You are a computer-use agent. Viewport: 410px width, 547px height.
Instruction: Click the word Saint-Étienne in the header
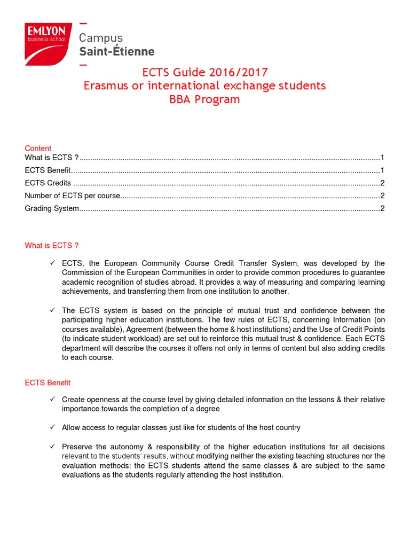click(116, 52)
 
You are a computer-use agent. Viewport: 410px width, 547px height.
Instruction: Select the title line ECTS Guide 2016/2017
click(204, 72)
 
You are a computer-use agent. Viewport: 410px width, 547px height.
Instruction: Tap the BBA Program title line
click(204, 99)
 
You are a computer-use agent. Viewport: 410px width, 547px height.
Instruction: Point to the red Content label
click(38, 148)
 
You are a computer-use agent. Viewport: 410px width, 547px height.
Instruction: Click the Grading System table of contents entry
click(52, 208)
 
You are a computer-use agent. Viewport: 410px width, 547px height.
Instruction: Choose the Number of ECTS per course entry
click(73, 196)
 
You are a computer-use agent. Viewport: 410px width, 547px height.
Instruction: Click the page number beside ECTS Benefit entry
click(382, 170)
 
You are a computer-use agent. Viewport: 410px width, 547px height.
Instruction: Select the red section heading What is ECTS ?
click(51, 245)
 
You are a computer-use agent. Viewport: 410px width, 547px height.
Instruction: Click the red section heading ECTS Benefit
click(48, 382)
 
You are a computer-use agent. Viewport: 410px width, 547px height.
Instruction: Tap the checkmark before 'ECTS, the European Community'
click(52, 263)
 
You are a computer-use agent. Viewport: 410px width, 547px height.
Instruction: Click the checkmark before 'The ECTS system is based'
click(52, 310)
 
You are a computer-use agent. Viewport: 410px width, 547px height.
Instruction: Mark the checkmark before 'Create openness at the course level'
click(52, 400)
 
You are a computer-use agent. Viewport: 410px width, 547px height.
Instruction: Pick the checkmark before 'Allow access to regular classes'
click(52, 427)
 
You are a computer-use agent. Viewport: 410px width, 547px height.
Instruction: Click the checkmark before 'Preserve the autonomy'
click(52, 447)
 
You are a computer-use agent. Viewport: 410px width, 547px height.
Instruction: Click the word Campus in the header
click(101, 38)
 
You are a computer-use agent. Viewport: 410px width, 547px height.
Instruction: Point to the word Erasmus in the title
click(106, 85)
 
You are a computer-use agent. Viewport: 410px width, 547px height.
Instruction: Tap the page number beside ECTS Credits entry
click(382, 183)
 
